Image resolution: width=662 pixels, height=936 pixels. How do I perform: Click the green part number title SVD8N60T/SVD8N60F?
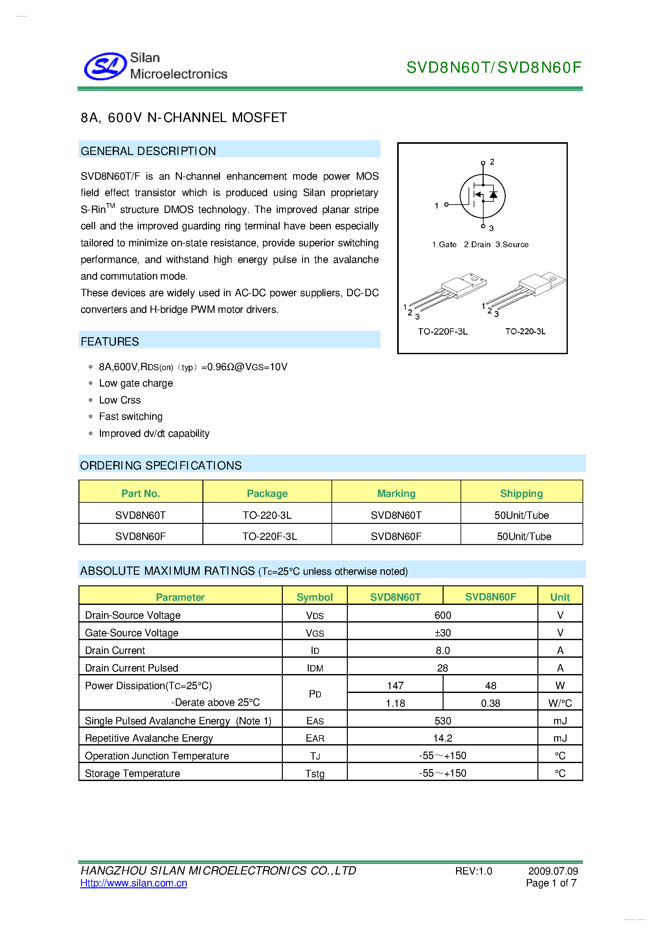click(x=494, y=68)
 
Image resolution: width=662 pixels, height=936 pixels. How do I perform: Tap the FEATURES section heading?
click(x=110, y=342)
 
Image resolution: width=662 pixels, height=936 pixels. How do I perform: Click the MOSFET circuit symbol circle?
click(x=483, y=196)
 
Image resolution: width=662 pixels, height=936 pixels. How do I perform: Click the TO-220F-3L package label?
click(x=443, y=331)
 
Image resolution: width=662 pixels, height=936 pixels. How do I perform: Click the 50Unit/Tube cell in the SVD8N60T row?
click(x=521, y=515)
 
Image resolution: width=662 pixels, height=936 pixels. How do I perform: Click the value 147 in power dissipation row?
click(x=395, y=686)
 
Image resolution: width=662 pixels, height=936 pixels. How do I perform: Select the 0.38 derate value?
click(x=490, y=703)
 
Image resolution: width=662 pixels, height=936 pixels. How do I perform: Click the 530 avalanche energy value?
click(x=443, y=721)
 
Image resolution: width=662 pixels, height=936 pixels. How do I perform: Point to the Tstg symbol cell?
click(x=315, y=774)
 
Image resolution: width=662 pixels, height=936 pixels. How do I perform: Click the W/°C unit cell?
click(x=560, y=703)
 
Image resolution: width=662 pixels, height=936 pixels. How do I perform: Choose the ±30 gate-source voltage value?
click(x=443, y=633)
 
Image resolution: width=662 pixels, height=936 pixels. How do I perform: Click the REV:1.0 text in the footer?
click(x=473, y=871)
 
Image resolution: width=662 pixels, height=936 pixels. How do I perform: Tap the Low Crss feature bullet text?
click(x=120, y=400)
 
